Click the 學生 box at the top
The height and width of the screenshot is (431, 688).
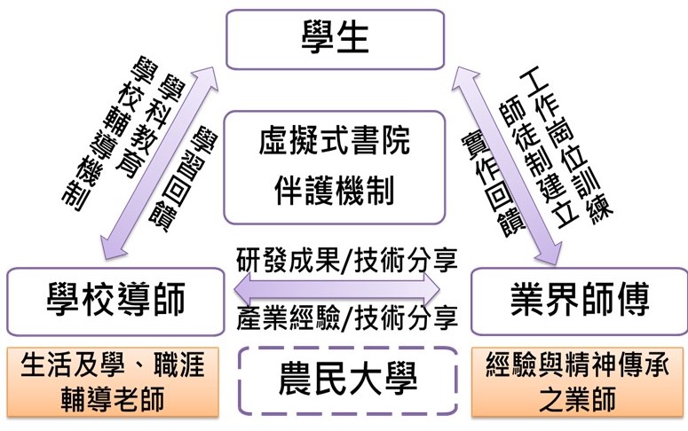pyautogui.click(x=334, y=40)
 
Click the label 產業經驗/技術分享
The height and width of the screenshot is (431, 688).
pyautogui.click(x=347, y=317)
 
